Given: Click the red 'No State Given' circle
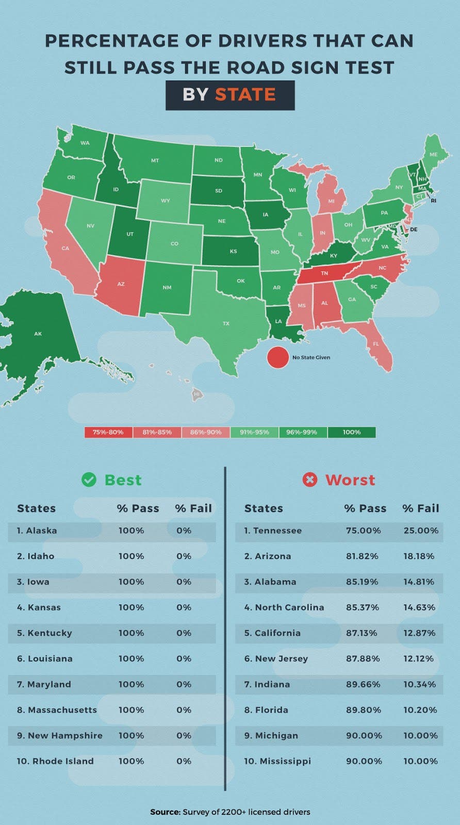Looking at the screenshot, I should point(277,357).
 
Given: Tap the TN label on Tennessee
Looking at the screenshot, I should point(324,273).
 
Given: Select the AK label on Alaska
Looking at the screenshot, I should point(38,334).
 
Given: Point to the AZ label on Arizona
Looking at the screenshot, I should point(121,284).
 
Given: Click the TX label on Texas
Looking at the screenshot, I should point(226,323).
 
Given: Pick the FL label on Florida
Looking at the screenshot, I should point(376,343).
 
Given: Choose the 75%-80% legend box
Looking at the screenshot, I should point(108,432).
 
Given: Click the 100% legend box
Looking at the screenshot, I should point(352,432).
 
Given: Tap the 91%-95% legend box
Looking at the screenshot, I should point(254,432).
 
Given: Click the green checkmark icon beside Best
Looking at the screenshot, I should point(89,480).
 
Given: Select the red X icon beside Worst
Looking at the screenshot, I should point(309,480).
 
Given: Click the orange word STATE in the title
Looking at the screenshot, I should point(245,95).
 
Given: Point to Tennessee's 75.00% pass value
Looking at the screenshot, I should point(364,531).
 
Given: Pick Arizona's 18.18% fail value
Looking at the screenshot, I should point(419,556).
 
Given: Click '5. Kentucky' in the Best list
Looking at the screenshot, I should point(44,633).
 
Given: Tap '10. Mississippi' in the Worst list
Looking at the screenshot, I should point(277,761).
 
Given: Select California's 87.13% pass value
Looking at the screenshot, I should point(363,633).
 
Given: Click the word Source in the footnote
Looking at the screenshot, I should point(165,812).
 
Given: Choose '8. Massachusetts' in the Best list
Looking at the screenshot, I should point(57,710).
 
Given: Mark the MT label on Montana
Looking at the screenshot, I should point(155,161).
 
